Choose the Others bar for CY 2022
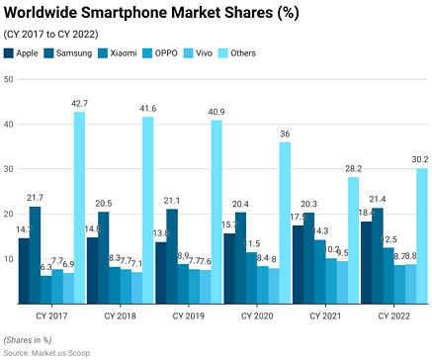(422, 235)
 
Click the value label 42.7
(79, 103)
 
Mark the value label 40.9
(216, 112)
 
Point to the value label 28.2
(354, 168)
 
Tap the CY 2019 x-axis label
(188, 315)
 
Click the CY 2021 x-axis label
(325, 315)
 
